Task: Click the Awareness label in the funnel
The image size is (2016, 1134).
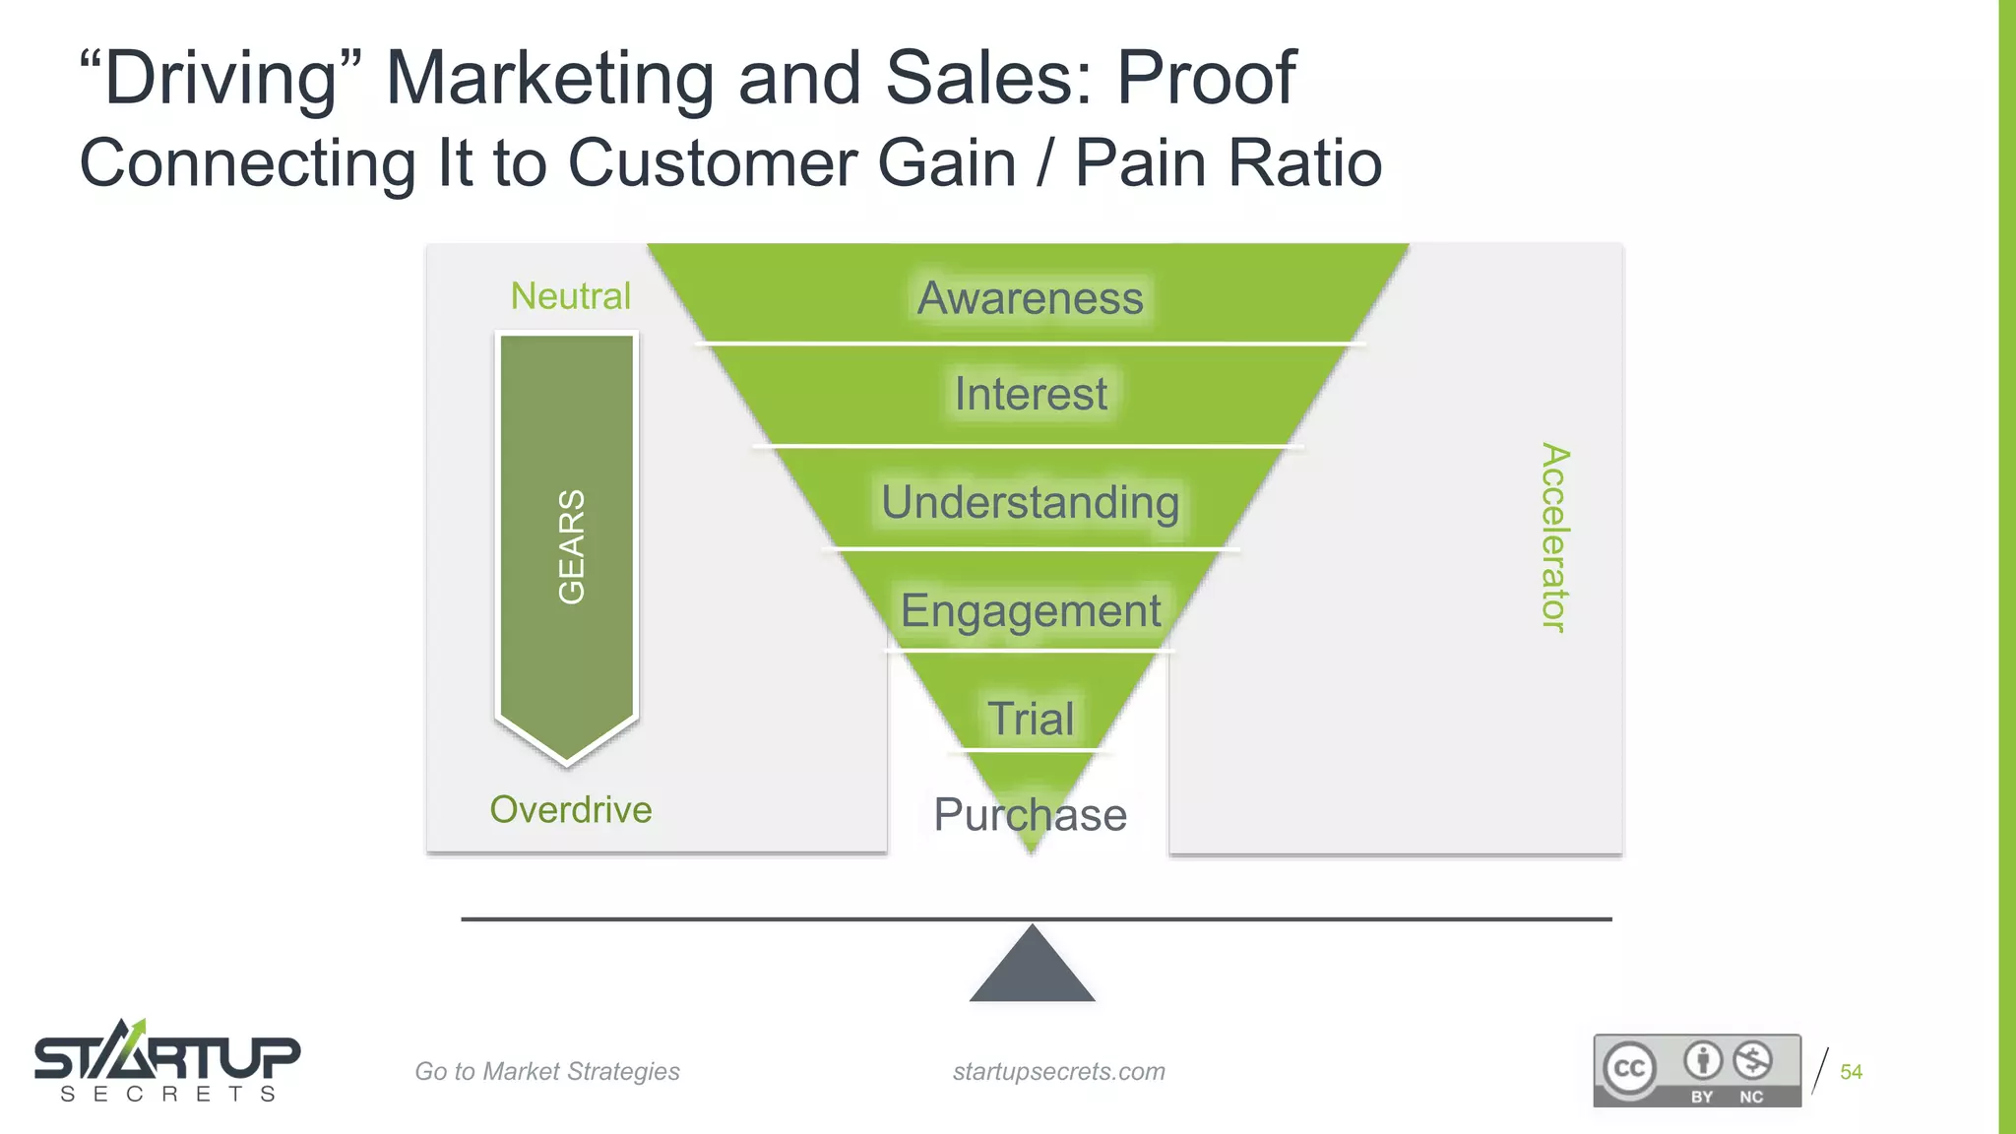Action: pyautogui.click(x=1030, y=298)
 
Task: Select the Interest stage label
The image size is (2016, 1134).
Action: pyautogui.click(x=1030, y=394)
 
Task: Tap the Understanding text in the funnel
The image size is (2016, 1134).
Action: pyautogui.click(x=1030, y=502)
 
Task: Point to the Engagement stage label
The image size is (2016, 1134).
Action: pyautogui.click(x=1030, y=610)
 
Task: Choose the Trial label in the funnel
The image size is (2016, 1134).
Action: pyautogui.click(x=1030, y=719)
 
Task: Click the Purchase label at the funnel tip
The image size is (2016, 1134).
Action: pyautogui.click(x=1030, y=815)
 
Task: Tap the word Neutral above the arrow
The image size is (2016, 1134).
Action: pyautogui.click(x=570, y=296)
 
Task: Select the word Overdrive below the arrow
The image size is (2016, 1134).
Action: pyautogui.click(x=571, y=810)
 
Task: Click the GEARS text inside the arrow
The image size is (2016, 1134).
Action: pyautogui.click(x=571, y=546)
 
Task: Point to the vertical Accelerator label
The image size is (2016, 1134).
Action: pyautogui.click(x=1554, y=537)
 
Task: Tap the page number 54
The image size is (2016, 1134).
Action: pyautogui.click(x=1851, y=1072)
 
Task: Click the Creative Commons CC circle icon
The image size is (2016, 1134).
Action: pyautogui.click(x=1629, y=1069)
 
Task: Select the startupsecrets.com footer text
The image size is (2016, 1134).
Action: pyautogui.click(x=1058, y=1072)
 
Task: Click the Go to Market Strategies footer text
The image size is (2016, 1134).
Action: pyautogui.click(x=547, y=1072)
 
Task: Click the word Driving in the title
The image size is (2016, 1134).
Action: pyautogui.click(x=221, y=78)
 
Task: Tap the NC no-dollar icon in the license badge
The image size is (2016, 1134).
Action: pyautogui.click(x=1752, y=1061)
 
